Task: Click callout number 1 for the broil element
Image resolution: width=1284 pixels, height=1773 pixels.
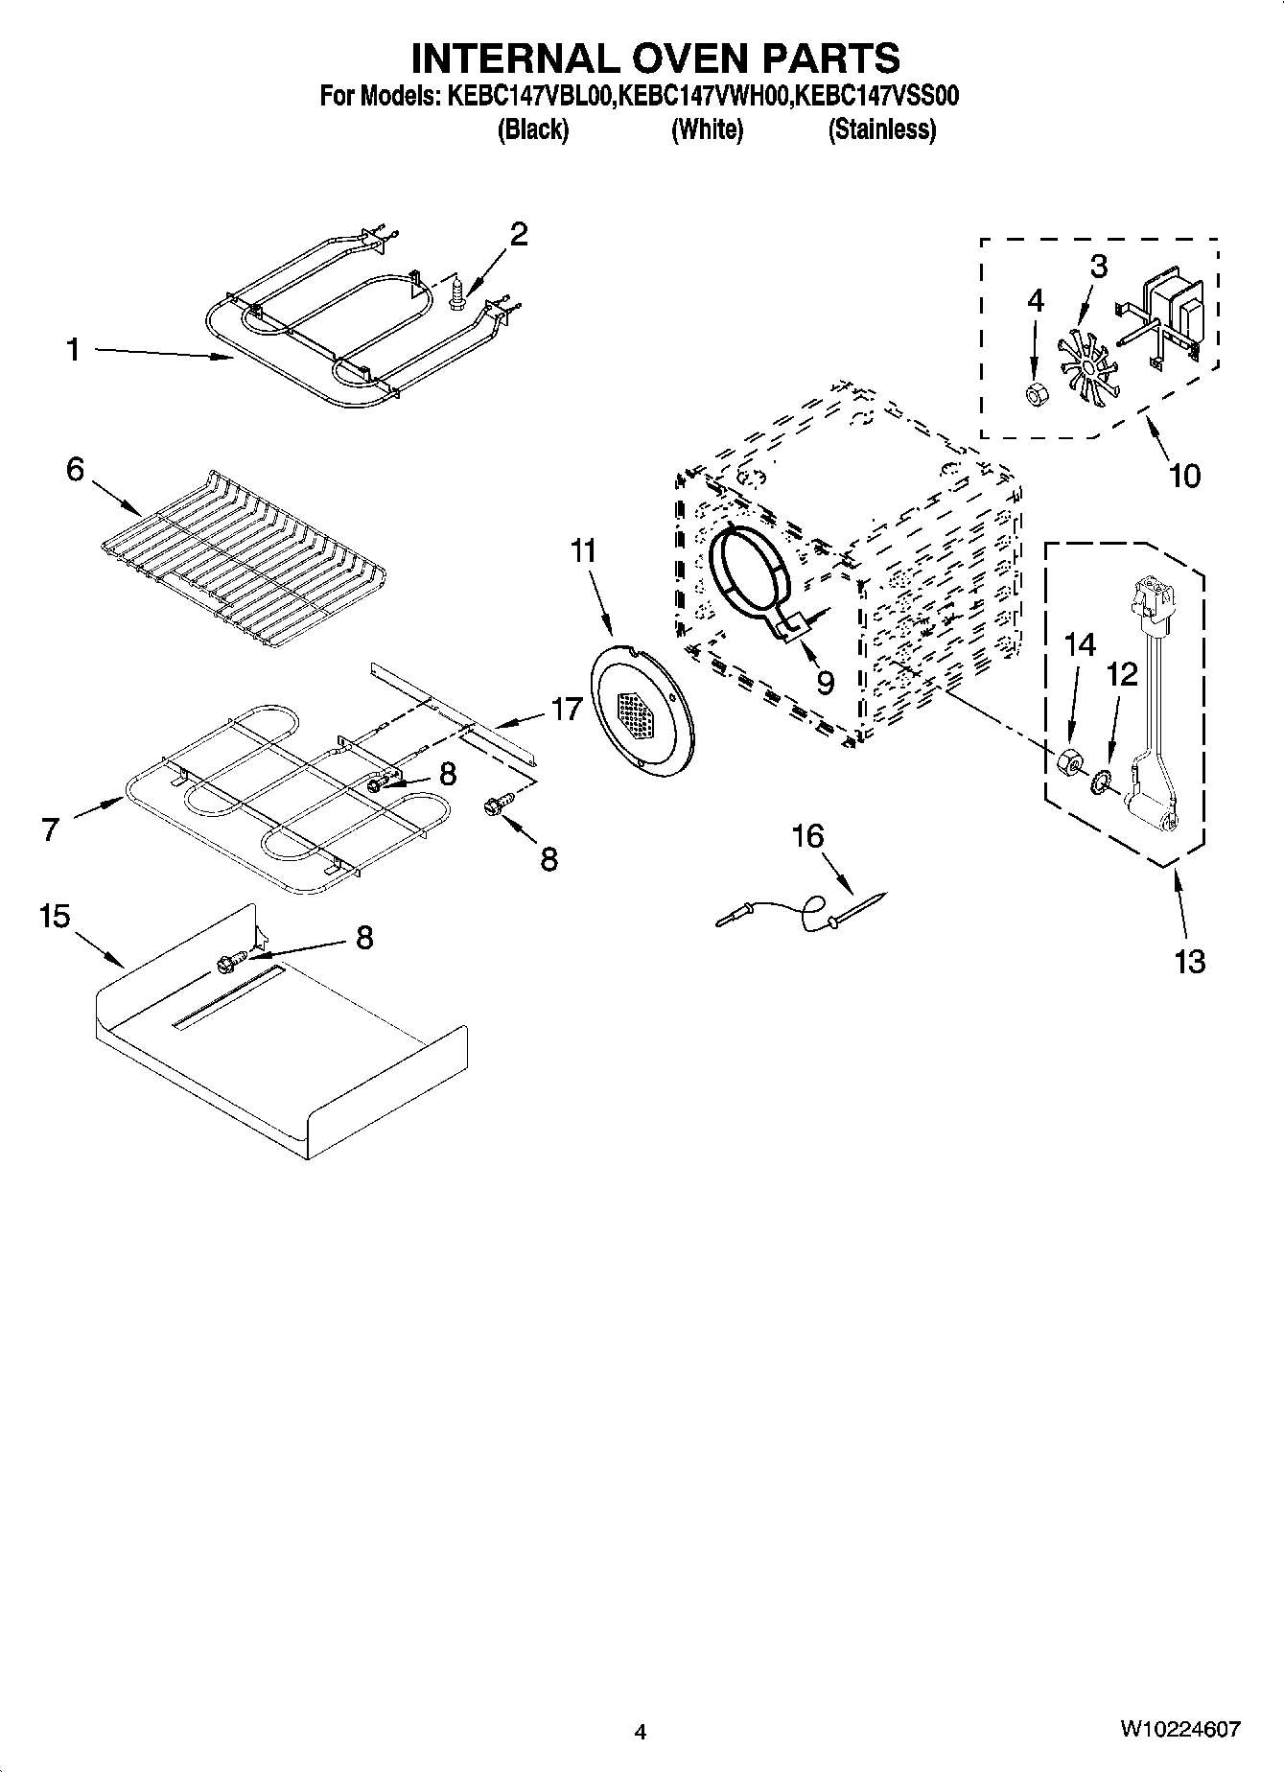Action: click(x=73, y=351)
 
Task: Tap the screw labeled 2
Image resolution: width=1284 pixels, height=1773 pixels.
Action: click(x=458, y=292)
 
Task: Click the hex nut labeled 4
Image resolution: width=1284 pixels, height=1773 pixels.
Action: click(x=1036, y=393)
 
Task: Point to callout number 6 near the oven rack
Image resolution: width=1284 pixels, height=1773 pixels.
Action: click(x=75, y=470)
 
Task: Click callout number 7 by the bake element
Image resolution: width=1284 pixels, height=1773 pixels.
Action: click(x=51, y=828)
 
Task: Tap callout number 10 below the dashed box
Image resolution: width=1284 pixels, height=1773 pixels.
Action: click(x=1185, y=476)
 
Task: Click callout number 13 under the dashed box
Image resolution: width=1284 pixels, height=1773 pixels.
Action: click(x=1189, y=961)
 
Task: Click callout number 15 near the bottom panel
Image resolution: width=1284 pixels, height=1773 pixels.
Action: click(x=55, y=917)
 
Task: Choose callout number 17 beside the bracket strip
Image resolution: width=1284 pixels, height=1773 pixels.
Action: click(x=566, y=710)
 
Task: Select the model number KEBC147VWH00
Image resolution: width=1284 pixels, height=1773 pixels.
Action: click(x=707, y=96)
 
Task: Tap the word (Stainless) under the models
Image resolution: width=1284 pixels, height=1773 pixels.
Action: click(x=881, y=129)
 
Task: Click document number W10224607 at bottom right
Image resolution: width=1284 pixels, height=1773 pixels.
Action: click(x=1179, y=1730)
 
